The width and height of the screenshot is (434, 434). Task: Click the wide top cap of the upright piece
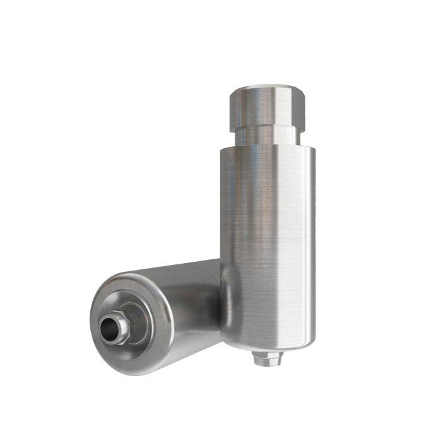[265, 105]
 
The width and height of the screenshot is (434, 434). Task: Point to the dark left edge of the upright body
[224, 240]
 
